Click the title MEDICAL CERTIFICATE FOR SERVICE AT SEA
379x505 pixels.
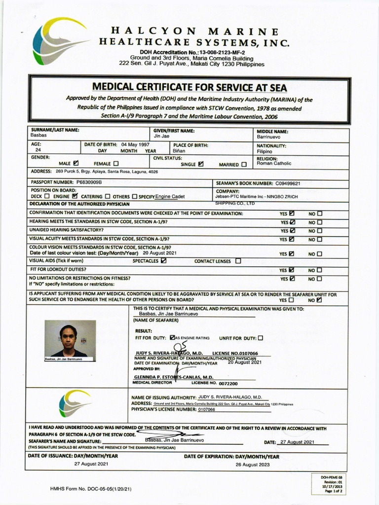click(x=189, y=87)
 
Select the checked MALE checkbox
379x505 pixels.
click(x=76, y=163)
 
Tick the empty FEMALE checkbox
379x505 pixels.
click(x=116, y=163)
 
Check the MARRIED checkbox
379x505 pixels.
click(x=244, y=165)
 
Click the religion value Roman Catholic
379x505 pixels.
click(x=274, y=163)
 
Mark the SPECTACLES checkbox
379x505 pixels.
click(x=163, y=260)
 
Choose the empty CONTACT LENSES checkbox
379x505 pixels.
click(x=238, y=261)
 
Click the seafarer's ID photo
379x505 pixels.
click(x=70, y=340)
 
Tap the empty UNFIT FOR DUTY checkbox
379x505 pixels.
click(x=261, y=338)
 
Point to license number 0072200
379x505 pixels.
click(x=228, y=383)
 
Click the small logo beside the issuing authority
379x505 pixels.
click(x=75, y=403)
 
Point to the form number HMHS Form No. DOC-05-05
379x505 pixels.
click(x=90, y=489)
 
